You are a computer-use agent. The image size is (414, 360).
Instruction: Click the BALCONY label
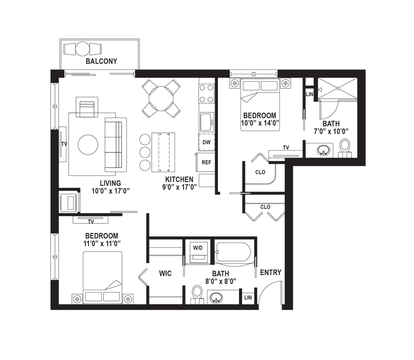click(x=102, y=62)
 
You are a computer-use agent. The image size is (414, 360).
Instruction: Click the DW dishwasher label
click(x=207, y=143)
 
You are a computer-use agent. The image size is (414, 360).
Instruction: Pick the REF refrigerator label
click(x=207, y=162)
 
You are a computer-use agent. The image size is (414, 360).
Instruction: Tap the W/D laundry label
click(x=197, y=248)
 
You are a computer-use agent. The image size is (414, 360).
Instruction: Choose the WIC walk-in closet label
click(x=165, y=274)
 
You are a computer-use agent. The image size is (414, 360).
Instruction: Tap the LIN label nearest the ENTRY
click(x=248, y=298)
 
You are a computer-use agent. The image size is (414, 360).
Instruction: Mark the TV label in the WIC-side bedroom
click(x=91, y=222)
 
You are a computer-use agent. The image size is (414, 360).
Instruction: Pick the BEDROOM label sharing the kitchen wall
click(x=260, y=115)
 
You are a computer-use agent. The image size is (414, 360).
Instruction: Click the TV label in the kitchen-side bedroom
click(x=286, y=147)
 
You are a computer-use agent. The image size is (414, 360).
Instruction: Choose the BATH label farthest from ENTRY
click(x=331, y=124)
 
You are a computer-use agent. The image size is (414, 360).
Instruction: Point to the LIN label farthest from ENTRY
click(x=310, y=95)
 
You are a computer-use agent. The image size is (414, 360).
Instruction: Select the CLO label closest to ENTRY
click(x=265, y=208)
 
